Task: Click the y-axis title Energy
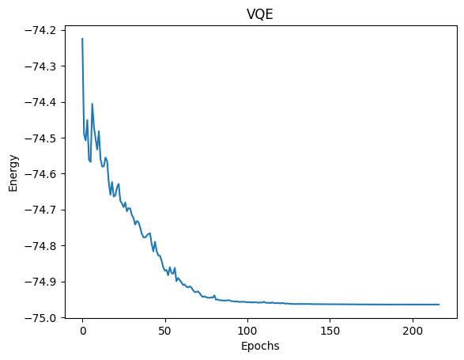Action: [13, 171]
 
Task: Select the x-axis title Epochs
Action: [260, 346]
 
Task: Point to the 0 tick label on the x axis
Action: [82, 331]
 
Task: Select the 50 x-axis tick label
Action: [164, 331]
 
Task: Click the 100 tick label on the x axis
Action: [247, 331]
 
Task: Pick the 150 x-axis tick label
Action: [330, 331]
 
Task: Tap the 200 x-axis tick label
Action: [413, 331]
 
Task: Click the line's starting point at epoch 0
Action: [82, 39]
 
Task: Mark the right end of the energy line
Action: [439, 305]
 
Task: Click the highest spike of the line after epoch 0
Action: [92, 104]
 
